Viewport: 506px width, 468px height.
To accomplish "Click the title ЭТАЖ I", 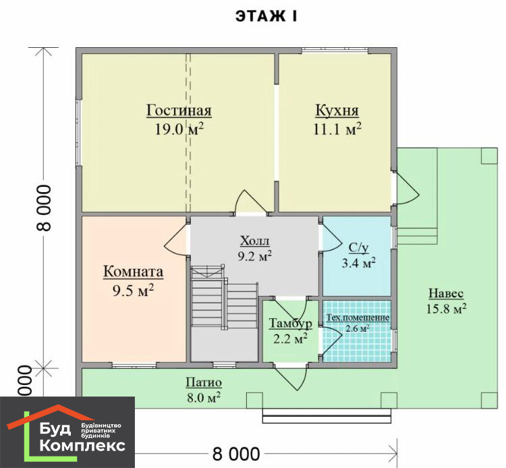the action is tap(266, 16).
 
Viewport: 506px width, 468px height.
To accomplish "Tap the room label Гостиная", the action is tap(179, 110).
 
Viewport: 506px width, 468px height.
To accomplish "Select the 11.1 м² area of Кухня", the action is tap(337, 129).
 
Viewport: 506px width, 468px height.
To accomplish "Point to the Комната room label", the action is tap(134, 271).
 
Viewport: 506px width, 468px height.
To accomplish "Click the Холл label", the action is tap(254, 241).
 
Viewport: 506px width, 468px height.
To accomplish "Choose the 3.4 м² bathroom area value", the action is tap(358, 263).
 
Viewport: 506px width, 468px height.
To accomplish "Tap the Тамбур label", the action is tap(290, 323).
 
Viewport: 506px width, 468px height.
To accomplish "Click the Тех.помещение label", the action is tap(358, 318).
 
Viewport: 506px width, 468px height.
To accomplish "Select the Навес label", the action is tap(446, 293).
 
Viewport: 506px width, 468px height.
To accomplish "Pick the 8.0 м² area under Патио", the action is tap(204, 397).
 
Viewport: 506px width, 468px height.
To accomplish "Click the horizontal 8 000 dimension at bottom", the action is tap(236, 454).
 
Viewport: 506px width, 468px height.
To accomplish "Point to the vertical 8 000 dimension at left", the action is tap(45, 208).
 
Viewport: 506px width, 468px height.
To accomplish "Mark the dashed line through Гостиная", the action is tap(188, 133).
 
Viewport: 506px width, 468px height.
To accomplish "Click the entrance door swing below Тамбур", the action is tap(291, 378).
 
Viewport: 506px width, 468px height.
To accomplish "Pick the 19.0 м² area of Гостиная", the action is tap(179, 129).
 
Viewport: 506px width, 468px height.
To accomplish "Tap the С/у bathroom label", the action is tap(358, 248).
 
